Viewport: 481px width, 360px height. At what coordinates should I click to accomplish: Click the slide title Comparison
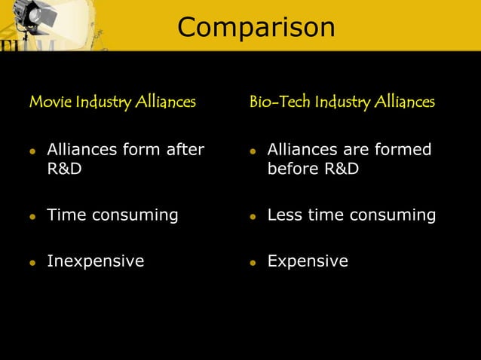point(256,27)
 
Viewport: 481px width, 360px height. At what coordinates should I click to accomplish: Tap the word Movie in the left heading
point(44,102)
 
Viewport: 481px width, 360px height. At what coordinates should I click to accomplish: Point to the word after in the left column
point(185,150)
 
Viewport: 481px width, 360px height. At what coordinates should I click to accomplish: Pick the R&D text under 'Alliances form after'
point(65,169)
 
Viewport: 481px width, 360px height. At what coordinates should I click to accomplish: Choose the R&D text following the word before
point(342,169)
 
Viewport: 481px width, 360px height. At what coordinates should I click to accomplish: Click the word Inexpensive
point(96,261)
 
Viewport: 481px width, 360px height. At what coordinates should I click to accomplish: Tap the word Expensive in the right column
point(308,261)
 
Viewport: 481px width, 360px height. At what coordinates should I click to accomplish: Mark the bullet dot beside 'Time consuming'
point(32,217)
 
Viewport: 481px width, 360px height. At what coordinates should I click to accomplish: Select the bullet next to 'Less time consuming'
point(253,217)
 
